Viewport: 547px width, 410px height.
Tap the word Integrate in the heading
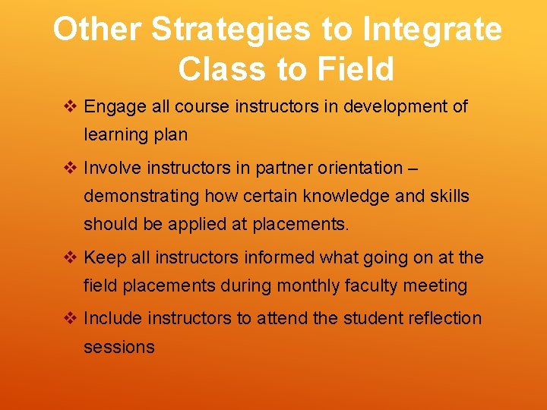coord(432,30)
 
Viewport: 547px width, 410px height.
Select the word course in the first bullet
coord(200,107)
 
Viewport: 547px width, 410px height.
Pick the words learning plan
coord(135,135)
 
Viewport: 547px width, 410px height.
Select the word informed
coord(278,258)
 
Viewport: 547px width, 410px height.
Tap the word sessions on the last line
coord(119,347)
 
